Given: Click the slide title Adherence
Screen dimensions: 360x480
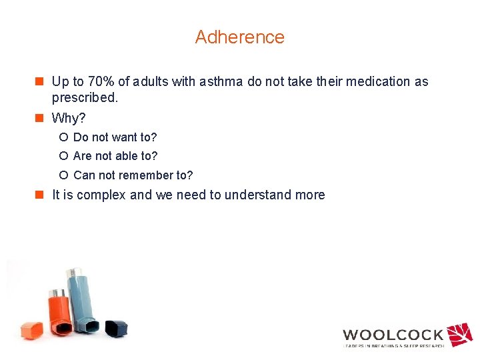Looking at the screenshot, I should [x=239, y=37].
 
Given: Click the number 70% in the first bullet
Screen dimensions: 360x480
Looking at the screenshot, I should [x=99, y=82].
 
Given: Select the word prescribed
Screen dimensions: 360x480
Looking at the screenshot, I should [x=85, y=97].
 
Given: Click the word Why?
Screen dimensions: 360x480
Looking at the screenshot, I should [x=69, y=119].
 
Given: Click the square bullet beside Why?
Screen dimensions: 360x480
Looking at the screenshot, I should [x=40, y=119].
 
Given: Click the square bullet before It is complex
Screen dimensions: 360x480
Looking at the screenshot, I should [x=40, y=195].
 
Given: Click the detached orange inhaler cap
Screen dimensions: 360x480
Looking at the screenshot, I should [x=31, y=329].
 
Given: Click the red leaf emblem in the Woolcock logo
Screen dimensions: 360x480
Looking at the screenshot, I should [x=459, y=335].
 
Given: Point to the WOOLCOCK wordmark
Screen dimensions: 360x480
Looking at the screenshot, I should [x=393, y=335].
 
